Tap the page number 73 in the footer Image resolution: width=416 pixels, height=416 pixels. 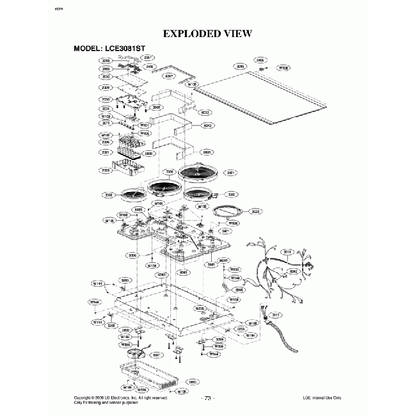pyautogui.click(x=208, y=398)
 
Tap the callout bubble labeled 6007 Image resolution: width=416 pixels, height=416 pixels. pyautogui.click(x=170, y=76)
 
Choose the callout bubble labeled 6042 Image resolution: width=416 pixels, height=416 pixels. pyautogui.click(x=207, y=125)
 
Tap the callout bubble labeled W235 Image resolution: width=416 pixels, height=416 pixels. pyautogui.click(x=199, y=308)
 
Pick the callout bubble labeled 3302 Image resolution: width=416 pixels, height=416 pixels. pyautogui.click(x=232, y=194)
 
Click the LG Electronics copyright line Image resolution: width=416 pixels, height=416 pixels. pyautogui.click(x=122, y=397)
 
